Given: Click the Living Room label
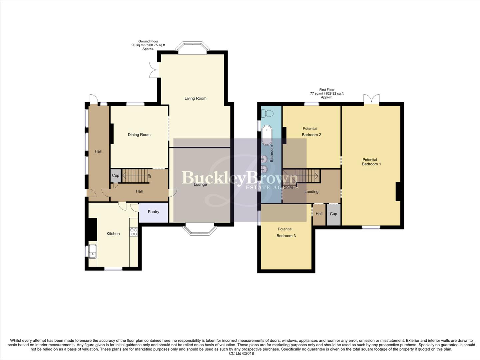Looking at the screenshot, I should pos(195,98).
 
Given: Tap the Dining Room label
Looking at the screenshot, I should pos(139,135).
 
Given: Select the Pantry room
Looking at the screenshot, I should pos(154,212).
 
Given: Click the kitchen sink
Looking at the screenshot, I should pos(92,252).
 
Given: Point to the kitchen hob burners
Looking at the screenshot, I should pos(134,232).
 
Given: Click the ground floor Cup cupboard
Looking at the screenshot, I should pos(115,176).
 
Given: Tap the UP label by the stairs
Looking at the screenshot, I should pos(149,176).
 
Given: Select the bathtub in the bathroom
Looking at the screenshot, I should pos(267,135).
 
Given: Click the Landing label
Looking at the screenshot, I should pos(311,192).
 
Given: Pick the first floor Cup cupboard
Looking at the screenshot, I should pos(333,214).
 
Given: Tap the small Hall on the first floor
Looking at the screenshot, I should pos(319,214).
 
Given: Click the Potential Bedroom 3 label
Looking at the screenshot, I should pos(285,232).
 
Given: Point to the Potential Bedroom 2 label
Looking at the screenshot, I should pos(311,132).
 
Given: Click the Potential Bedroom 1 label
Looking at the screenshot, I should pos(371,162).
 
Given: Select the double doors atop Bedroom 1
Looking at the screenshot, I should pos(371,99).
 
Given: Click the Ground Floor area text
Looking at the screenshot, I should pos(148,45).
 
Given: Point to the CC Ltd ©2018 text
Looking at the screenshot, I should pos(241,354).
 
